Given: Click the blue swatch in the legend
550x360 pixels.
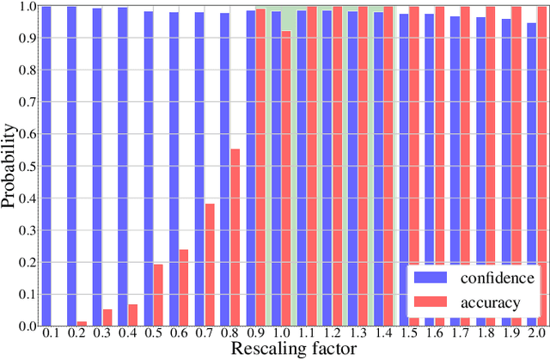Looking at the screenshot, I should click(429, 278).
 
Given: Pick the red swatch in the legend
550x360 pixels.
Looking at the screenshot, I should click(429, 302).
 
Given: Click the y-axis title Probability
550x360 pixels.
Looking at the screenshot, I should click(10, 166).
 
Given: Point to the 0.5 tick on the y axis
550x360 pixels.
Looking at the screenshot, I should click(27, 166).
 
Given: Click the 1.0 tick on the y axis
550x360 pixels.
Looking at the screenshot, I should click(27, 6).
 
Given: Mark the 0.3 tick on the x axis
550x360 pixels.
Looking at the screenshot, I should click(102, 333).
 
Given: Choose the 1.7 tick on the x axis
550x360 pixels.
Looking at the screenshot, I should click(460, 333).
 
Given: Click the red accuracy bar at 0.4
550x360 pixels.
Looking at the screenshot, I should click(133, 314).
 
